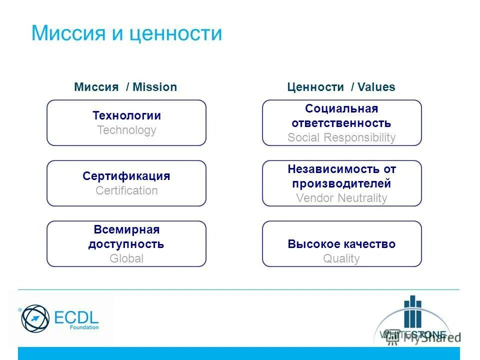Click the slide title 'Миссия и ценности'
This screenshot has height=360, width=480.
(126, 33)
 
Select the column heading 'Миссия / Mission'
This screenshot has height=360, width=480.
(125, 87)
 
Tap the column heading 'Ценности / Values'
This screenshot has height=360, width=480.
(341, 87)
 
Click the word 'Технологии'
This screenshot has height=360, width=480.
(126, 115)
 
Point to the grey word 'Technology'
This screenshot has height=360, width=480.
(126, 130)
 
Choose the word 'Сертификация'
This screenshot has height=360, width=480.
(126, 176)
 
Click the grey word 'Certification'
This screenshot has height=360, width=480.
(126, 190)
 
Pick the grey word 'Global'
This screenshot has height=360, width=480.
(126, 258)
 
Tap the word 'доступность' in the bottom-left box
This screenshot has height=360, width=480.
(126, 244)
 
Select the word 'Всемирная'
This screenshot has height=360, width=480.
(126, 229)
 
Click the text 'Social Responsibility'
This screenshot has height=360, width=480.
(341, 137)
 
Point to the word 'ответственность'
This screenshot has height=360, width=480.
(341, 123)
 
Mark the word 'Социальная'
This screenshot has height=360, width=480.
(341, 108)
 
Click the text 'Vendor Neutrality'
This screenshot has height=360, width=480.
(341, 198)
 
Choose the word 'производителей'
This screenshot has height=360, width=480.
(341, 183)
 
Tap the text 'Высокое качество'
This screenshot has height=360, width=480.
(341, 244)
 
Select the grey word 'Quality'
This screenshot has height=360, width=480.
(341, 258)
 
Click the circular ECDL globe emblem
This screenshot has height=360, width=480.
(35, 318)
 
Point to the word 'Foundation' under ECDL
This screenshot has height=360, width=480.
(84, 327)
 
